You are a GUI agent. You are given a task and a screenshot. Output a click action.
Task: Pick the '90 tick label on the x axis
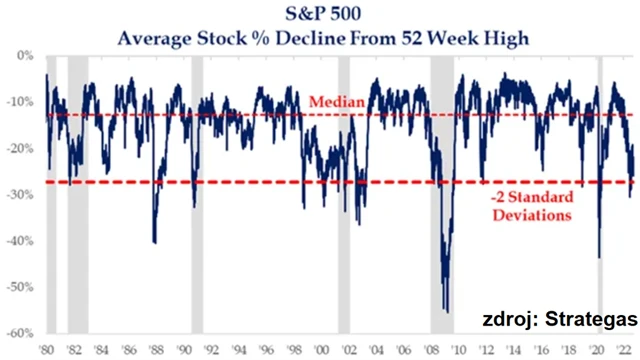point(184,351)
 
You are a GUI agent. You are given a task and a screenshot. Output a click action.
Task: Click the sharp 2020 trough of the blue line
point(599,257)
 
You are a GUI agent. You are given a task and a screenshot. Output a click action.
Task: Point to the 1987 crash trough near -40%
point(154,242)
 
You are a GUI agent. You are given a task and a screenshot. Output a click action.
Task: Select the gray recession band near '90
point(197,190)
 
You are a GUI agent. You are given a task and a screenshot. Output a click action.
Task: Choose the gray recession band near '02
point(344,190)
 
